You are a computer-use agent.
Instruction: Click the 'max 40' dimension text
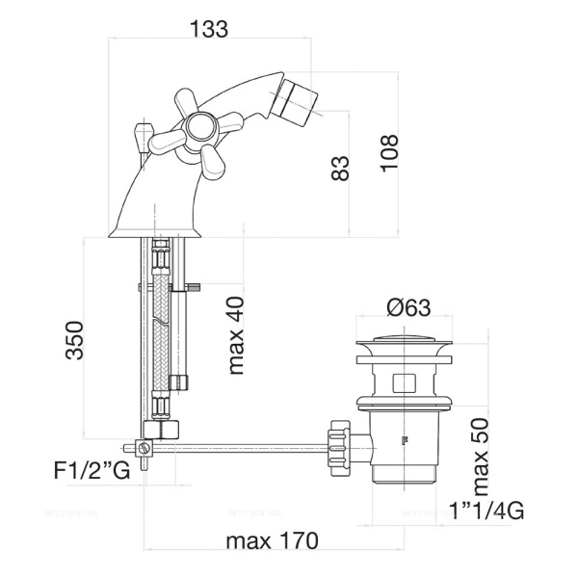click(x=237, y=334)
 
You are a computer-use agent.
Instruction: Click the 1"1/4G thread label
click(x=487, y=511)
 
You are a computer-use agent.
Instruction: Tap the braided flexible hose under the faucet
click(x=162, y=318)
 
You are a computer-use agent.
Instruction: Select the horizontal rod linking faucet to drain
click(x=241, y=447)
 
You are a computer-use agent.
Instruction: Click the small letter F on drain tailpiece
click(x=404, y=440)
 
